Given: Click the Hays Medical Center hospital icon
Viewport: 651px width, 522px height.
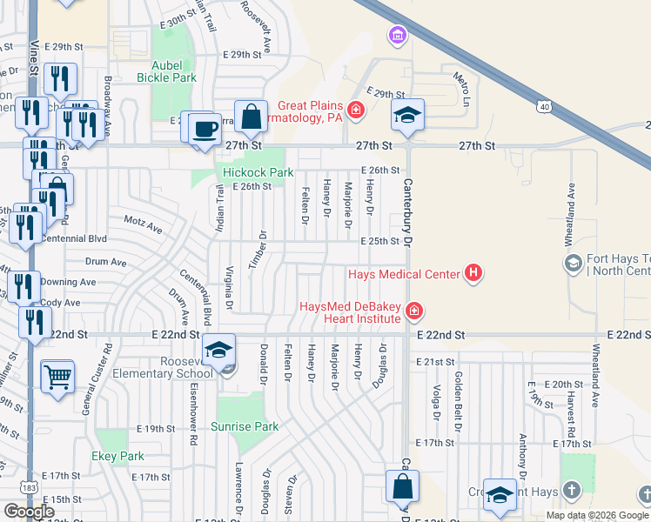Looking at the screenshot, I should click(x=473, y=273).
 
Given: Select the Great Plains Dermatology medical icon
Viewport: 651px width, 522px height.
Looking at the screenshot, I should click(x=355, y=110).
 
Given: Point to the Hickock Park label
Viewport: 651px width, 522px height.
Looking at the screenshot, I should click(x=258, y=172).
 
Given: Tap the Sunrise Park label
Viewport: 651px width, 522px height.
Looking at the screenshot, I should click(x=245, y=426).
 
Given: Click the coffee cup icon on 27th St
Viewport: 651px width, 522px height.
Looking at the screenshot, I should click(x=205, y=128).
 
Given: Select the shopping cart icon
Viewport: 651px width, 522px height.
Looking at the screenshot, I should click(x=57, y=377).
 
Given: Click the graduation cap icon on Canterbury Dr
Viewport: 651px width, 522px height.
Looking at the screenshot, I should click(x=407, y=113).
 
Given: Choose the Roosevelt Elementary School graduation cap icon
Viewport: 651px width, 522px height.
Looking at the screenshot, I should click(x=218, y=350).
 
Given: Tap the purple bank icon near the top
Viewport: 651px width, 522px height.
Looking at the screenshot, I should click(x=397, y=36).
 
